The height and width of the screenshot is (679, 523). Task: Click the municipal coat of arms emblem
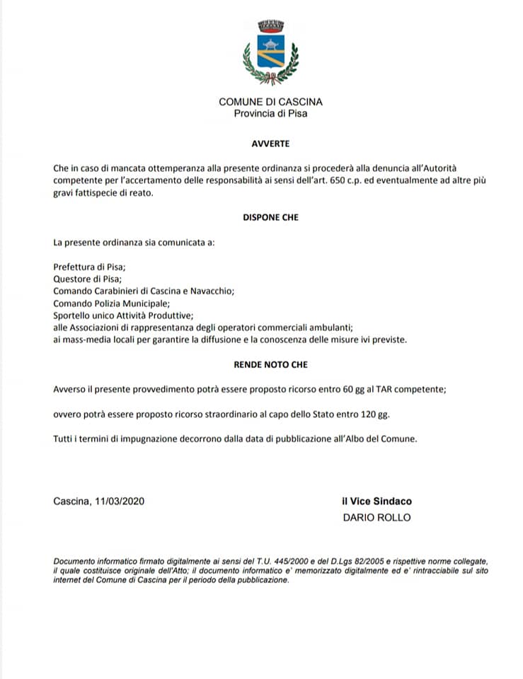(270, 53)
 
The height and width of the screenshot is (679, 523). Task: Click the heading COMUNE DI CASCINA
(270, 102)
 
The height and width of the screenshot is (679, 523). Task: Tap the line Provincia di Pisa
(270, 113)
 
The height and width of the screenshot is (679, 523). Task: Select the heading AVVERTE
(270, 144)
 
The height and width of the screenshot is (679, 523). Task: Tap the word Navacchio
(211, 291)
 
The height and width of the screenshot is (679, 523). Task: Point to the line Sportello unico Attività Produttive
(123, 315)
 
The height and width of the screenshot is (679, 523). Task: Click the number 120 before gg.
(368, 414)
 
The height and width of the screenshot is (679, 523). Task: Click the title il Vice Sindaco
(377, 501)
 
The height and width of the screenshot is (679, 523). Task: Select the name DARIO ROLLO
(377, 517)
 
